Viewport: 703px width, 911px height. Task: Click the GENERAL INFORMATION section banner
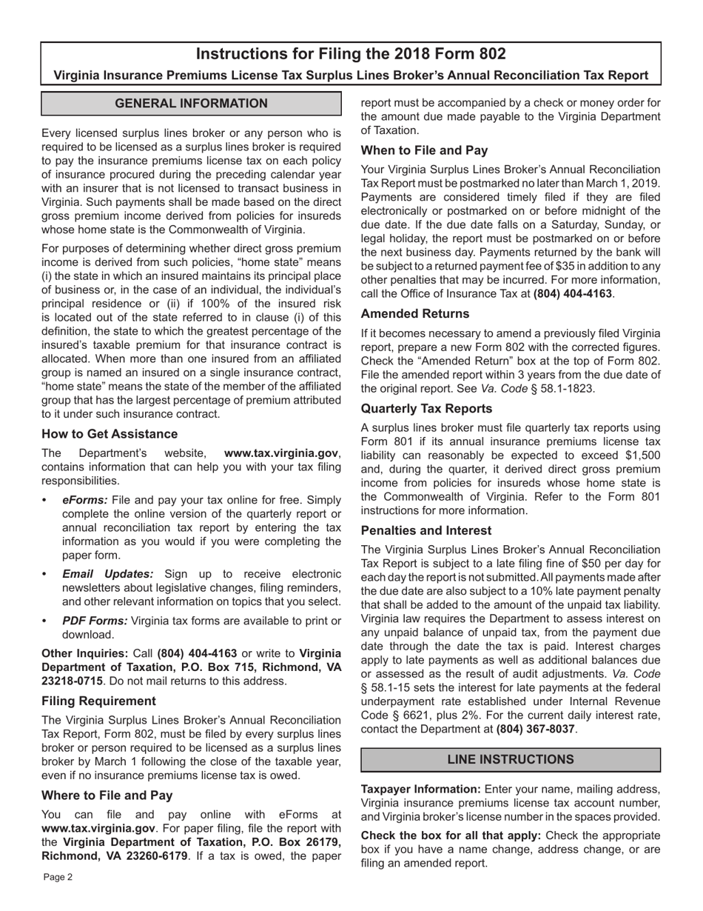click(191, 104)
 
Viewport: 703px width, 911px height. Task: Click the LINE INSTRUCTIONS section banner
click(511, 760)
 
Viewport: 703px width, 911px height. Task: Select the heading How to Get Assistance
click(110, 434)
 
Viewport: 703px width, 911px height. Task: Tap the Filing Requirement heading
click(98, 701)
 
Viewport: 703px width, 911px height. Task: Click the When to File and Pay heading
click(424, 150)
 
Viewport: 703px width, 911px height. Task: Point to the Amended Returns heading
click(415, 313)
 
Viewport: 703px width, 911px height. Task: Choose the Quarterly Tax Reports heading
click(426, 409)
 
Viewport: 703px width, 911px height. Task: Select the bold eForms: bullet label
click(85, 500)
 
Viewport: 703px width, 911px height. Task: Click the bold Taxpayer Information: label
click(420, 790)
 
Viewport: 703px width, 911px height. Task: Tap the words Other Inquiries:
click(85, 653)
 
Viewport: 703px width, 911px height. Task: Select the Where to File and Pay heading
click(107, 795)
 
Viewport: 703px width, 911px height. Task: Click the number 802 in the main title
click(489, 54)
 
